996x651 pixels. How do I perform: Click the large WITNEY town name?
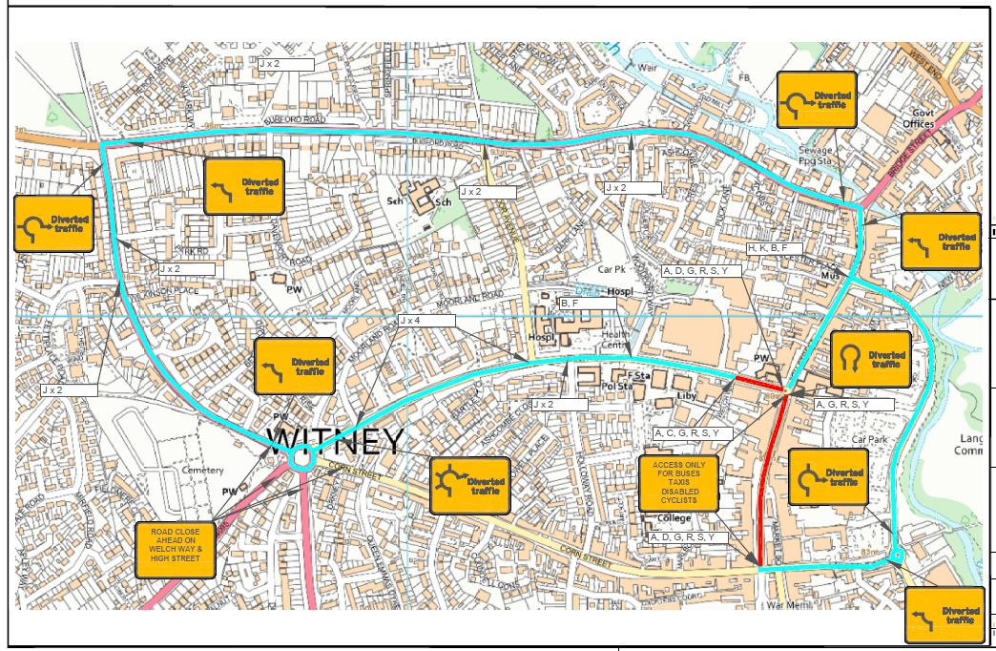click(x=335, y=440)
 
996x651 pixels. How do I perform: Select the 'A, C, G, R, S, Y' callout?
click(x=693, y=433)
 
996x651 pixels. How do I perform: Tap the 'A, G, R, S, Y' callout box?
click(x=853, y=405)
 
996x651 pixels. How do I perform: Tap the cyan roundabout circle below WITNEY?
click(x=301, y=460)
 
